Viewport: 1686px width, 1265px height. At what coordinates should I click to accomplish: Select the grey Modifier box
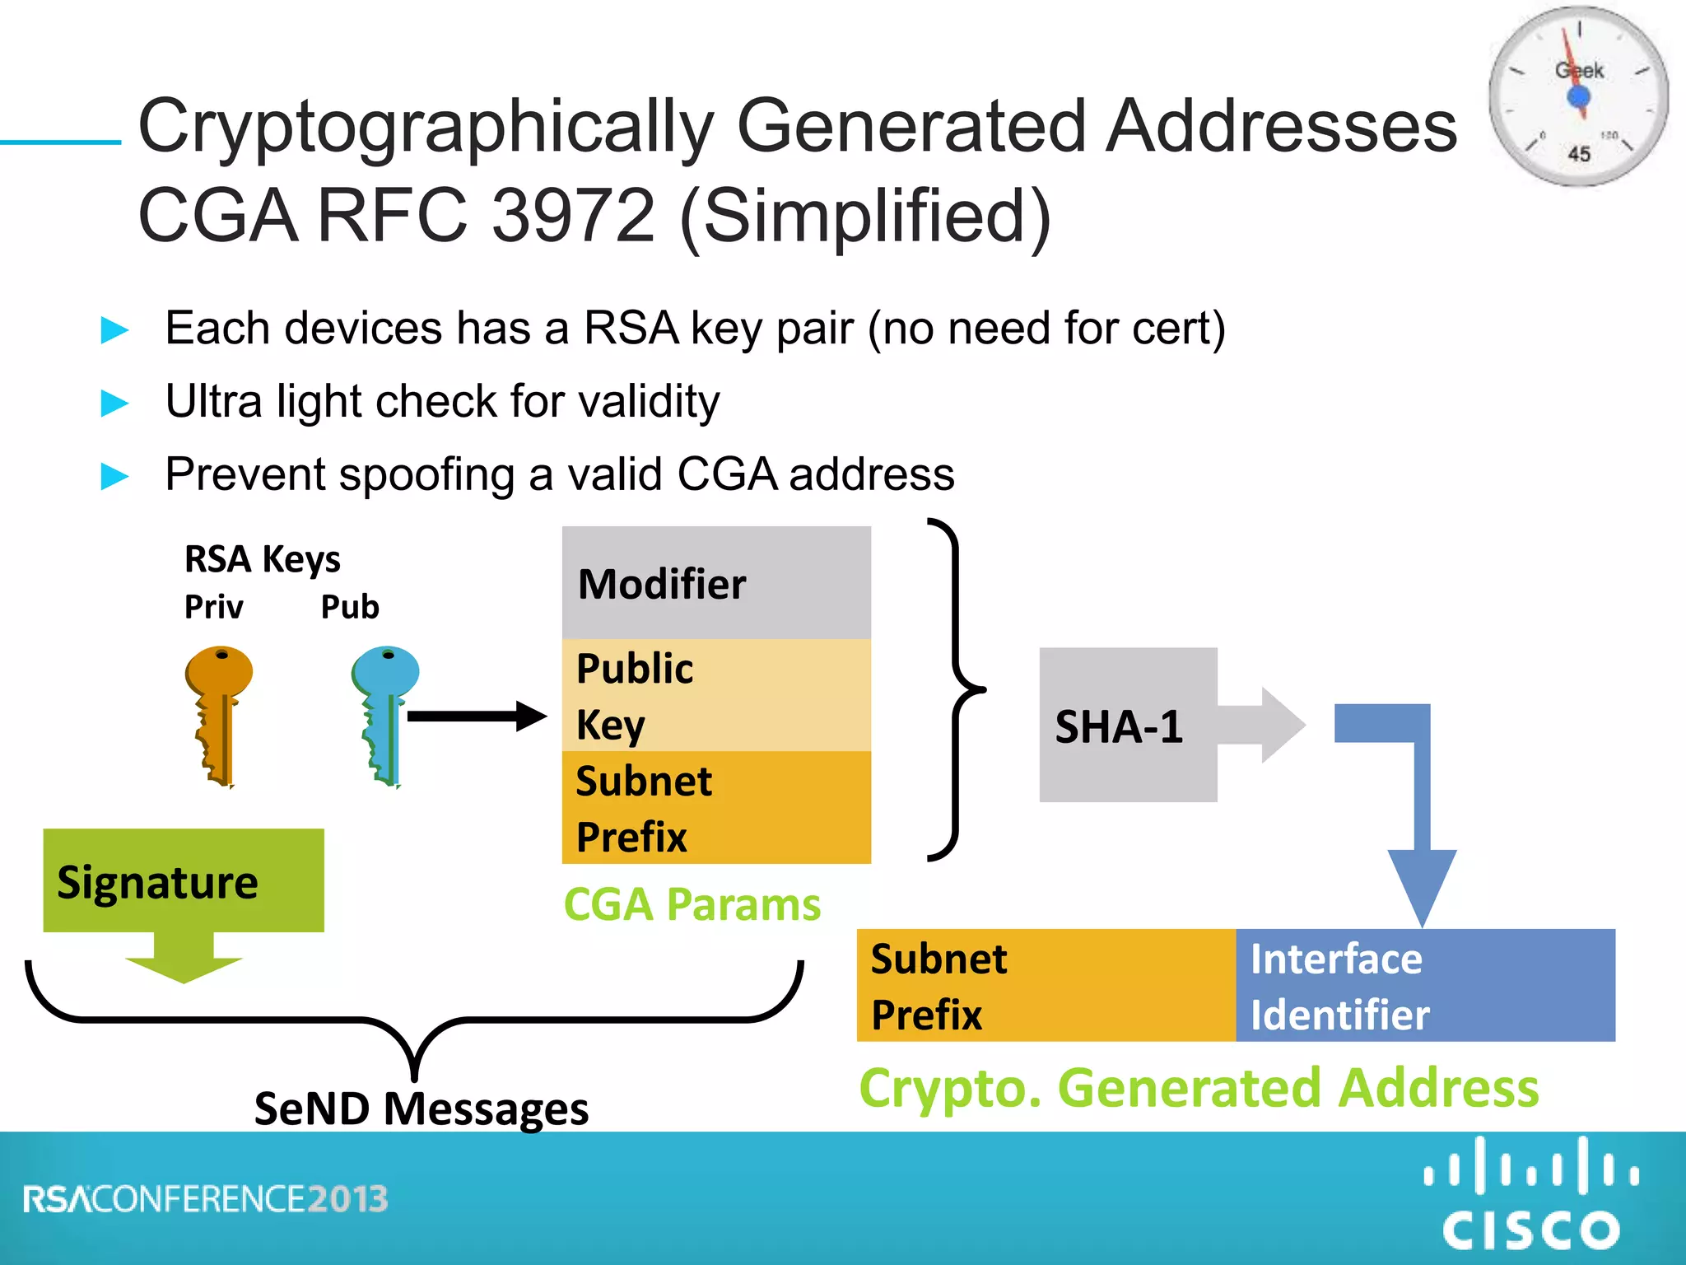point(716,583)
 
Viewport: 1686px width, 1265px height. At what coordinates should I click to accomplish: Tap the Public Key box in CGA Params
point(716,695)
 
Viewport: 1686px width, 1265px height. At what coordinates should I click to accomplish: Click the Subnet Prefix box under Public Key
point(716,808)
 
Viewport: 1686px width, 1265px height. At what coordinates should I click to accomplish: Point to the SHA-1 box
point(1127,725)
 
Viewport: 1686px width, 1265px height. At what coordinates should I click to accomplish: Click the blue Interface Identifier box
point(1425,985)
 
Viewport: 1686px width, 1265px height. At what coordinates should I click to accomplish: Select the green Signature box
point(183,880)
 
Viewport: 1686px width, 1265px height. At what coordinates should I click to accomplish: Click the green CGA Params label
point(692,904)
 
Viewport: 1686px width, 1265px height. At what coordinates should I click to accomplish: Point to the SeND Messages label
point(421,1108)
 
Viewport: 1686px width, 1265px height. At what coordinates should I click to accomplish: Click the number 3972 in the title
point(573,216)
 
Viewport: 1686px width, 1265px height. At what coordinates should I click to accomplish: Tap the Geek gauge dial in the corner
point(1578,97)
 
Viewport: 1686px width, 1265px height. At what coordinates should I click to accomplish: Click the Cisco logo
point(1531,1194)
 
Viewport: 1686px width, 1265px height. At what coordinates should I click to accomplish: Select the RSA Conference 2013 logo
point(205,1199)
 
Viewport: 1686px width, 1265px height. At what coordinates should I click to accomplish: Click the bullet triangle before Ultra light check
point(114,403)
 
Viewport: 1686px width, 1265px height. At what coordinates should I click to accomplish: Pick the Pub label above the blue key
point(350,607)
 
